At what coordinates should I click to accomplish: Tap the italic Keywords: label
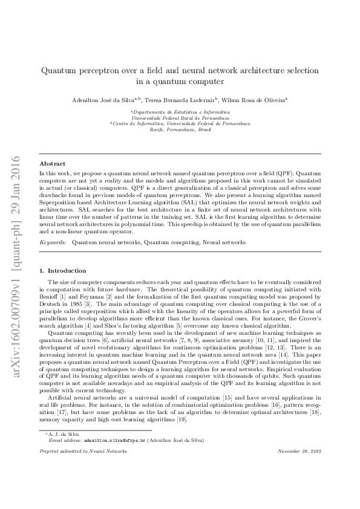(53, 242)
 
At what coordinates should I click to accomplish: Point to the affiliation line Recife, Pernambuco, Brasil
(180, 130)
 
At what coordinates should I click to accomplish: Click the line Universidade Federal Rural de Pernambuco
(180, 118)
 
